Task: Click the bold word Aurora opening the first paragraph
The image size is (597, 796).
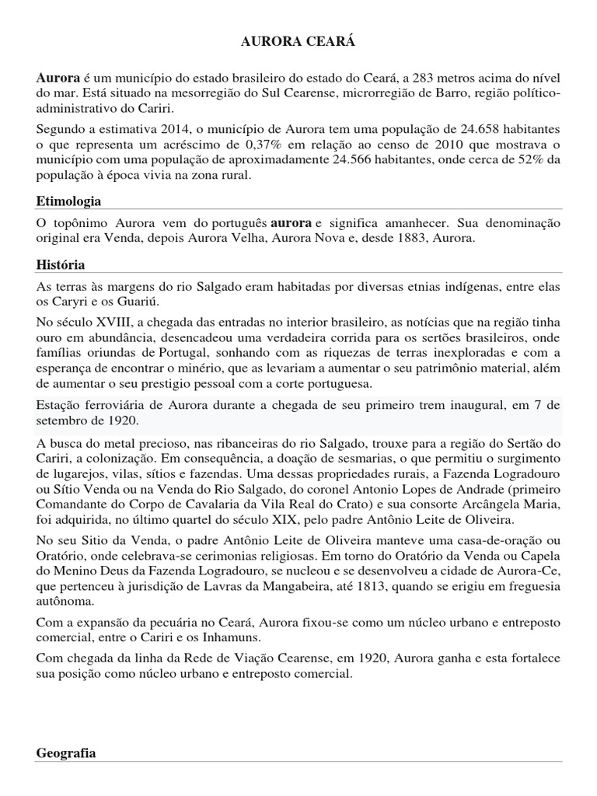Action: (58, 79)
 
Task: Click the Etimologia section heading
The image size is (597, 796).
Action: (68, 201)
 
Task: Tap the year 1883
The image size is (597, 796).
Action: (421, 239)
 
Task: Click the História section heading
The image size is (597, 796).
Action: (61, 265)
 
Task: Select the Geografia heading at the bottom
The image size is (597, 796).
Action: (66, 753)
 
